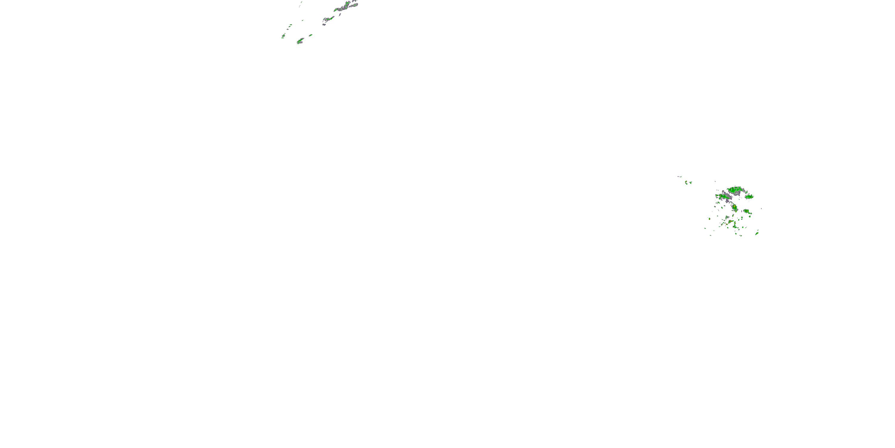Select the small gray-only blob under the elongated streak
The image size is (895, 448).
pyautogui.click(x=324, y=24)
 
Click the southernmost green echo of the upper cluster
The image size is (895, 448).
pyautogui.click(x=300, y=41)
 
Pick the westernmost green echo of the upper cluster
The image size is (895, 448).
pyautogui.click(x=283, y=36)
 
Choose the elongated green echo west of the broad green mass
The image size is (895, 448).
pyautogui.click(x=723, y=197)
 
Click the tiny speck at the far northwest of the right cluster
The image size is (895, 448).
pyautogui.click(x=679, y=176)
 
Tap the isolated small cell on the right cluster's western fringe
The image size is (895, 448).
pyautogui.click(x=709, y=219)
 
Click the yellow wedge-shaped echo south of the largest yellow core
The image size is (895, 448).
pyautogui.click(x=731, y=222)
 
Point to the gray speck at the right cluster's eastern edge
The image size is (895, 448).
pyautogui.click(x=761, y=209)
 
